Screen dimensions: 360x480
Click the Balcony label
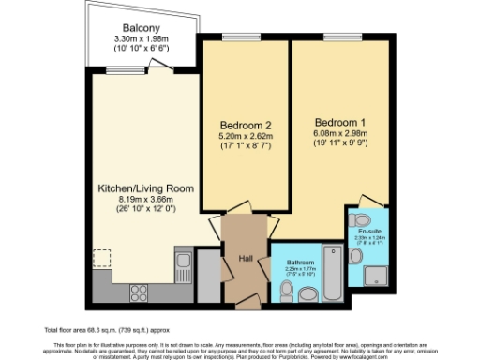138,28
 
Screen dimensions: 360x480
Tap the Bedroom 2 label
246,125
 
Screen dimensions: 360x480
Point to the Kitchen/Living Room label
146,188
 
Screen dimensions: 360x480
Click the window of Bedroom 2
235,37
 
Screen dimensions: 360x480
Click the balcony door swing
163,65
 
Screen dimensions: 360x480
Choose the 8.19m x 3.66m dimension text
146,200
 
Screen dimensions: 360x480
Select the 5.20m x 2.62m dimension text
246,136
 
